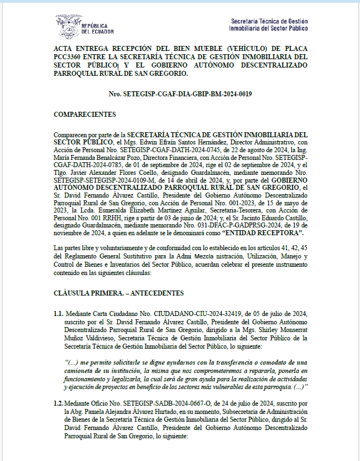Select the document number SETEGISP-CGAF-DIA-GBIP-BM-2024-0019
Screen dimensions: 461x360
pyautogui.click(x=187, y=94)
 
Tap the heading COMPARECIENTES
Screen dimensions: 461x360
pyautogui.click(x=85, y=115)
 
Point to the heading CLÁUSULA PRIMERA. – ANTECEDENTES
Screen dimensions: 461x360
pyautogui.click(x=118, y=293)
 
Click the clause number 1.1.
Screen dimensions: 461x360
pyautogui.click(x=59, y=313)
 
